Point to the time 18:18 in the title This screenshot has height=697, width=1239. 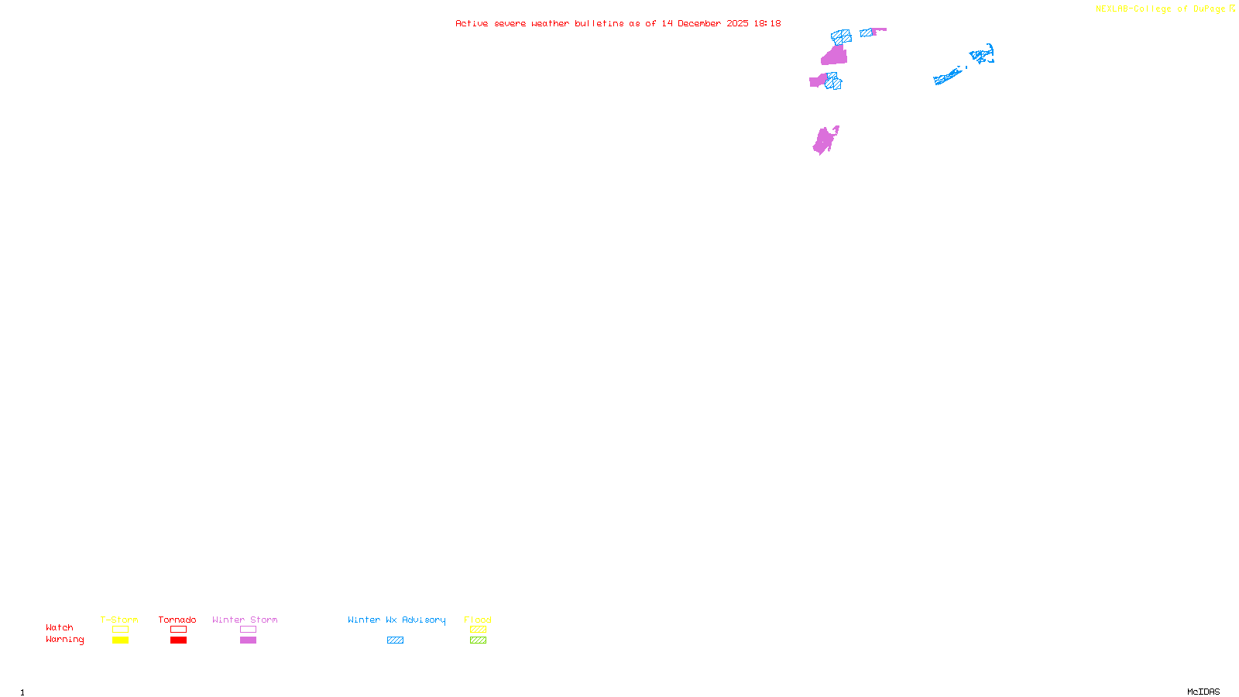coord(767,24)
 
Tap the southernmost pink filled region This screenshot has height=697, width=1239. coord(825,141)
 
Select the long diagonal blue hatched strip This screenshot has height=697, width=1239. coord(948,76)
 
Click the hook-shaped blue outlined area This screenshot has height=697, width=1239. coord(983,55)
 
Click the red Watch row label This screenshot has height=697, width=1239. coord(60,628)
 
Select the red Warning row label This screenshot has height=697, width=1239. coord(64,640)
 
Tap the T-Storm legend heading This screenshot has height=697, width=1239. coord(119,620)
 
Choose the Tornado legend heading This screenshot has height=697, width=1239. coord(177,620)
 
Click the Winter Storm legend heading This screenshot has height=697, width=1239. coord(245,620)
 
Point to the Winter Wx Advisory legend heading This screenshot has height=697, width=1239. coord(396,620)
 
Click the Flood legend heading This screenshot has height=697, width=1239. coord(478,620)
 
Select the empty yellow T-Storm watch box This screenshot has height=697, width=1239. coord(120,630)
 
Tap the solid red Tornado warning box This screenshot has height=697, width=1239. coord(178,640)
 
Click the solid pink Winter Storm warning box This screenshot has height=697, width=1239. coord(248,640)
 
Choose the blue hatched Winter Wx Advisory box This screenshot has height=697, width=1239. coord(395,640)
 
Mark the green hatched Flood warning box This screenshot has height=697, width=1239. coord(478,640)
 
